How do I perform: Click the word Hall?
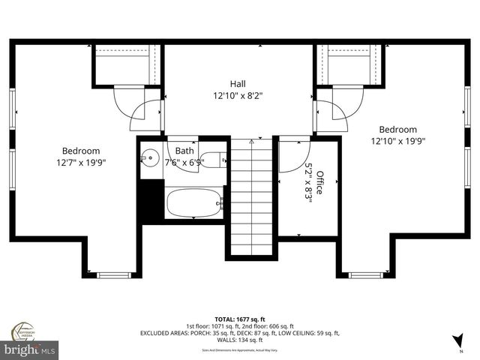tap(238, 84)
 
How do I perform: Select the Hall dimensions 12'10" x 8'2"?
tap(238, 96)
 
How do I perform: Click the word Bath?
tap(184, 151)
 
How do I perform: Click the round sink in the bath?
tap(149, 158)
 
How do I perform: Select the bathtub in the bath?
tap(193, 202)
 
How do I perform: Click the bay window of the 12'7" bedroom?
tap(114, 274)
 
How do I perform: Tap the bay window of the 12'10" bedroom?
tap(366, 274)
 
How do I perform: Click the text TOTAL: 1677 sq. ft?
tap(239, 319)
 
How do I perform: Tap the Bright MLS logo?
tap(30, 349)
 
